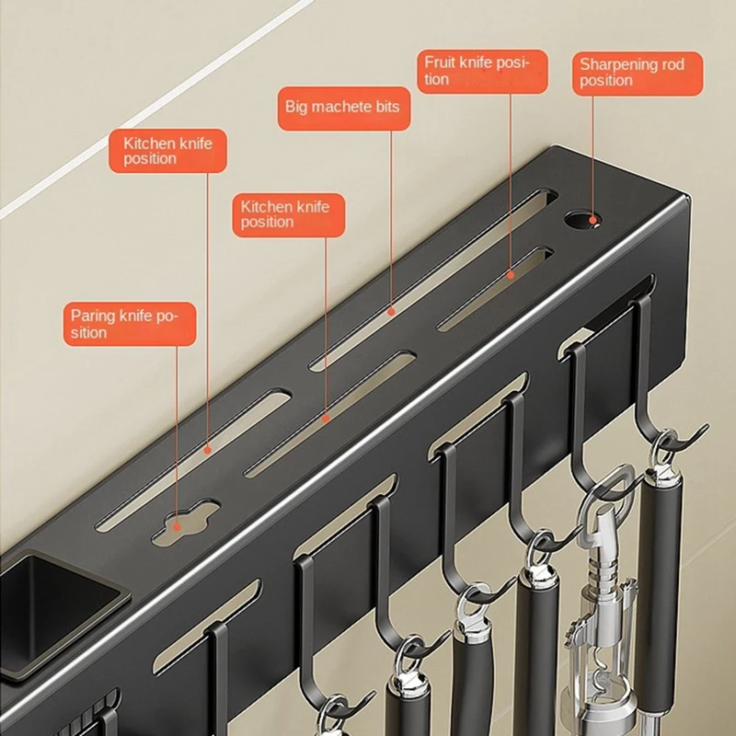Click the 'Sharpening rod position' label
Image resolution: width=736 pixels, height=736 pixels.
point(638,74)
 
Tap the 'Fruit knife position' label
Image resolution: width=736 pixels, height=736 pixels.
point(482,72)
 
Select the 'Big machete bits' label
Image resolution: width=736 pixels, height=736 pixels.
point(344,109)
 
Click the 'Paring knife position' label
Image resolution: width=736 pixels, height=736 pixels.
point(130,324)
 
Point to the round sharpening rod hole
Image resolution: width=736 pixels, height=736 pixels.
point(582,220)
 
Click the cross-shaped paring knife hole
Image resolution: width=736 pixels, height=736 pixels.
point(187,522)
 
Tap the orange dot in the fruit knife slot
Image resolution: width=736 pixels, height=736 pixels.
point(511,275)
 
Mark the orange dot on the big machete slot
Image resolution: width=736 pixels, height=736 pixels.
point(391,311)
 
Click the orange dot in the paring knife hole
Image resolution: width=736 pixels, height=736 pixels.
point(177,527)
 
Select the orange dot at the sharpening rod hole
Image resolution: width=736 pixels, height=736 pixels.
point(592,220)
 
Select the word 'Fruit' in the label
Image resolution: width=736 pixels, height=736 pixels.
point(440,62)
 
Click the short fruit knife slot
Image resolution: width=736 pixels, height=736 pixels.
point(496,288)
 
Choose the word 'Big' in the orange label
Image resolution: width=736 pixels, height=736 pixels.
point(295,108)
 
